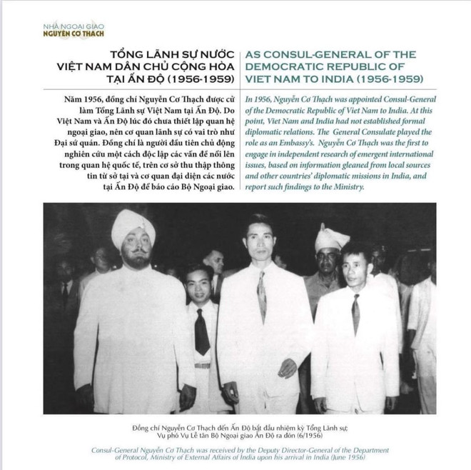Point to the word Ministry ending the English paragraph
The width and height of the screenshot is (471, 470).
[x=347, y=187]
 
